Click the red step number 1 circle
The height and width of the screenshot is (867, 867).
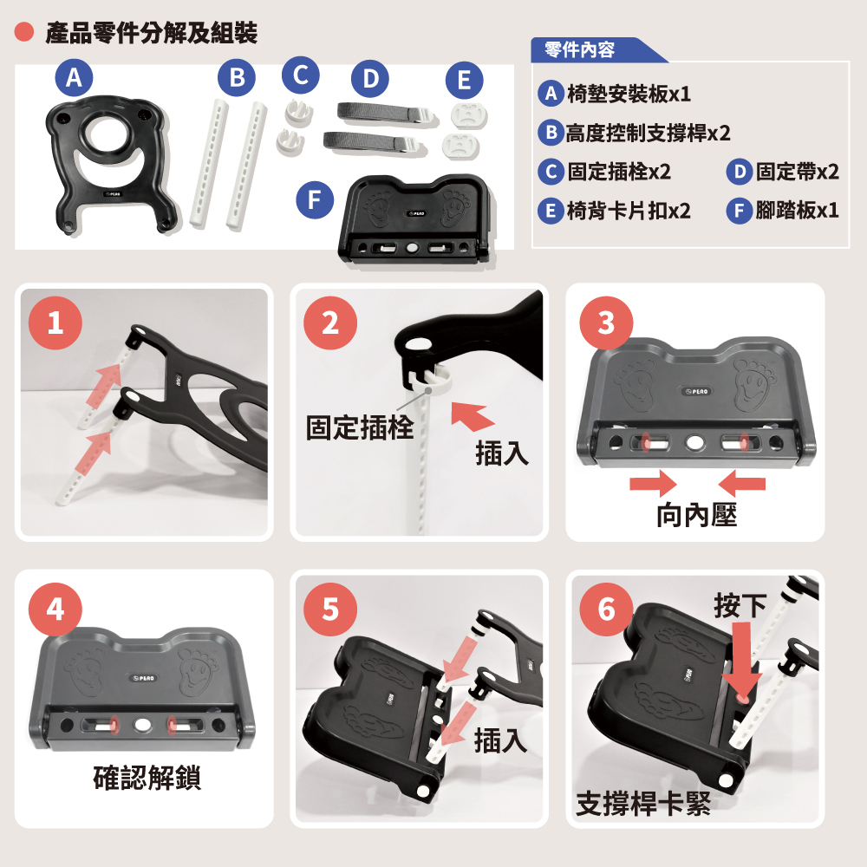point(55,323)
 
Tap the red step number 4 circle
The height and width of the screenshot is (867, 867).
point(55,610)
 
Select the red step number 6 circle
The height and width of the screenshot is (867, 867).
point(607,610)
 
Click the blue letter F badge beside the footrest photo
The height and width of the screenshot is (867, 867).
point(315,199)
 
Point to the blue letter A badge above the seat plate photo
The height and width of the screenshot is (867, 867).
point(74,77)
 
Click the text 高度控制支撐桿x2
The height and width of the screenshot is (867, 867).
point(648,134)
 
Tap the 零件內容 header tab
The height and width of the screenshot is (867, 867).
point(579,49)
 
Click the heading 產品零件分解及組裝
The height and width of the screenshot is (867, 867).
point(152,33)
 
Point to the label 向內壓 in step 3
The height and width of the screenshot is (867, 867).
point(697,515)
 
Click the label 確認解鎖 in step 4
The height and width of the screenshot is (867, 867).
point(147,778)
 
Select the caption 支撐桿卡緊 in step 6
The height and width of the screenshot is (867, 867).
point(643,804)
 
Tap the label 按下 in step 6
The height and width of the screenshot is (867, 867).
point(740,605)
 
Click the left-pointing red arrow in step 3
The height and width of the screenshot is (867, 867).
point(741,484)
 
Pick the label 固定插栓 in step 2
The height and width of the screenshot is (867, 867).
point(360,427)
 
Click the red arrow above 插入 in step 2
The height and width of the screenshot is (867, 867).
point(471,415)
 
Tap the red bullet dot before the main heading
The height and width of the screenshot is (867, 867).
point(23,32)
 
